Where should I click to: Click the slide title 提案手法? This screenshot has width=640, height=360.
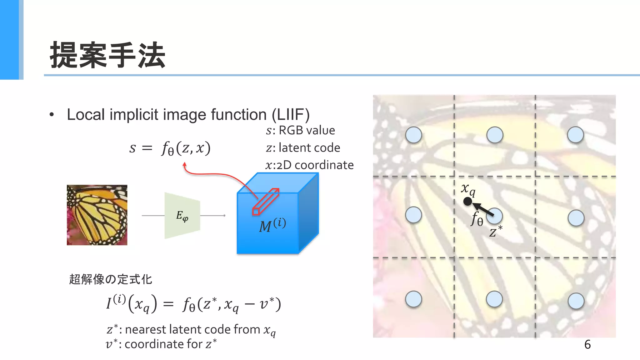107,55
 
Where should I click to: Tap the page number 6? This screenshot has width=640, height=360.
587,345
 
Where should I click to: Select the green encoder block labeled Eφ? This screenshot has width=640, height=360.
182,216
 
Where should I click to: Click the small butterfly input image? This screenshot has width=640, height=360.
97,215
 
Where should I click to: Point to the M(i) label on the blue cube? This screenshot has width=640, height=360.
272,225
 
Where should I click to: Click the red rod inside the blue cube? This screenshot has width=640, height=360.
266,202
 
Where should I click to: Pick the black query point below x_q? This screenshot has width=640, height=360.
467,202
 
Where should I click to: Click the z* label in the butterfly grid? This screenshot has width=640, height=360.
496,232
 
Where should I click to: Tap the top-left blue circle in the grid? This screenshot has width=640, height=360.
413,135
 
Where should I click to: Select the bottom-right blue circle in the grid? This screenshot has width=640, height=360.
576,301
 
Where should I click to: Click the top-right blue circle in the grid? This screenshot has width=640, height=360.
575,135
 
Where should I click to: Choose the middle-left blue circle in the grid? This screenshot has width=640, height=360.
413,215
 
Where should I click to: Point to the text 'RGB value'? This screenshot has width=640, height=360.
307,130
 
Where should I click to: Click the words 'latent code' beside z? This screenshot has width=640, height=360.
309,148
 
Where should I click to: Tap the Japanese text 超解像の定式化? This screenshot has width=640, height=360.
110,279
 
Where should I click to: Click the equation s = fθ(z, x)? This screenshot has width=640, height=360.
170,148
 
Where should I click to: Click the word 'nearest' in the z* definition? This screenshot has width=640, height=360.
146,330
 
